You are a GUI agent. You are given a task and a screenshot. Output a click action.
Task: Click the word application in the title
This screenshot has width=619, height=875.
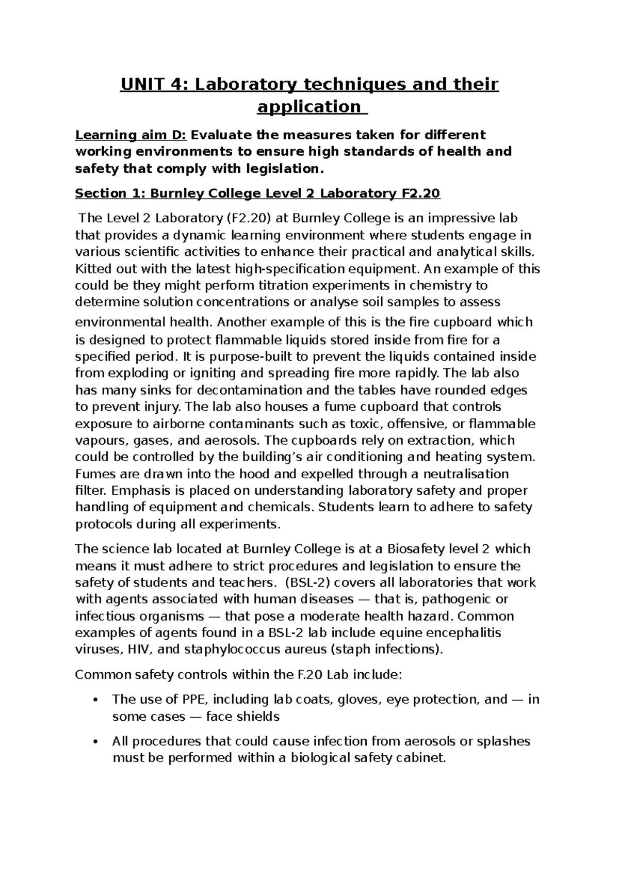pyautogui.click(x=308, y=107)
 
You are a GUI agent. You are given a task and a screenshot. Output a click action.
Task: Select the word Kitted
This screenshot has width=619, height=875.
pyautogui.click(x=91, y=269)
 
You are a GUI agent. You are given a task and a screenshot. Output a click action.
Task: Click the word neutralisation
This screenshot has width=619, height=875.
pyautogui.click(x=461, y=474)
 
